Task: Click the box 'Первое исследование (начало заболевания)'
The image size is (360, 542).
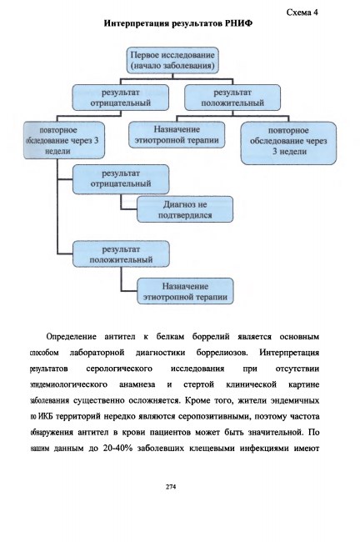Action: click(172, 60)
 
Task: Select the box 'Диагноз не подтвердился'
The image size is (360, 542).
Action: click(185, 209)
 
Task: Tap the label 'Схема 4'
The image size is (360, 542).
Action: click(302, 13)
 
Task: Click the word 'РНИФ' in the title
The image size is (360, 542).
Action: click(238, 23)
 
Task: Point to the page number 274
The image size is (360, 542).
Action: click(171, 487)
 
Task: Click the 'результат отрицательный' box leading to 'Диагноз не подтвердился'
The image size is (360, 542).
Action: click(121, 179)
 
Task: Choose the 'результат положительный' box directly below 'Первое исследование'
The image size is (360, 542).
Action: click(232, 98)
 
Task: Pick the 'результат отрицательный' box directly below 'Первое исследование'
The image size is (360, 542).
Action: click(121, 98)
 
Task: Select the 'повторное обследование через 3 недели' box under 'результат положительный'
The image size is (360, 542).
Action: click(288, 143)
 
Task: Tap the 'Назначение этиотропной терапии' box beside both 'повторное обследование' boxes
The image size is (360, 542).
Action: click(177, 135)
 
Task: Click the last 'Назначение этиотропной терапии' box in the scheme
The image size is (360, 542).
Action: click(185, 291)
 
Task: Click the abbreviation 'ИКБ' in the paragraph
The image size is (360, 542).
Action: click(45, 416)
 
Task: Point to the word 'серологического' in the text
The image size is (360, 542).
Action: click(119, 369)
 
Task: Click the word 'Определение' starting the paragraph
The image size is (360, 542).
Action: click(71, 337)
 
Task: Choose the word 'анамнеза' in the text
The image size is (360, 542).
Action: click(137, 384)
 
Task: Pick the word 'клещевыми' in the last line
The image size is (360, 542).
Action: click(211, 449)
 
